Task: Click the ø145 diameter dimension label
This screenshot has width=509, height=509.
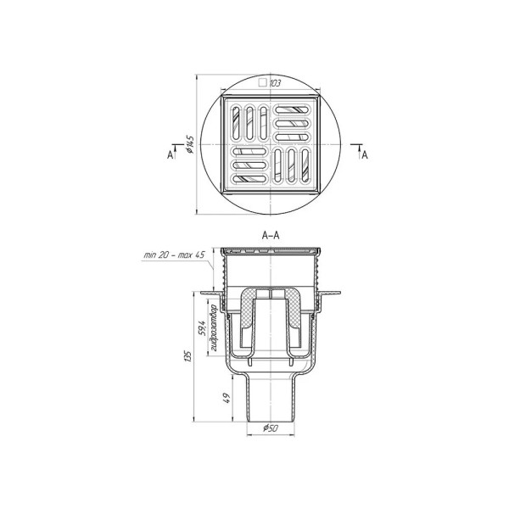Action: click(190, 144)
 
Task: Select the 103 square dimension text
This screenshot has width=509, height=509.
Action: click(275, 83)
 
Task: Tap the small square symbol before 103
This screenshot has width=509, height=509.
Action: click(263, 83)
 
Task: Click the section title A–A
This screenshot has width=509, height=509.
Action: click(271, 236)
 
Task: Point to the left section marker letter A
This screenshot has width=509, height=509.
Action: click(170, 155)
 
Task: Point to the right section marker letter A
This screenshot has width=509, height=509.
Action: click(365, 155)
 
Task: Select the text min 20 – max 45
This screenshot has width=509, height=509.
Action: click(174, 255)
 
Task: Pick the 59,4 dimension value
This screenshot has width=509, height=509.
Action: click(202, 328)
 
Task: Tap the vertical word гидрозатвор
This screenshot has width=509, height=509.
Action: click(213, 327)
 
